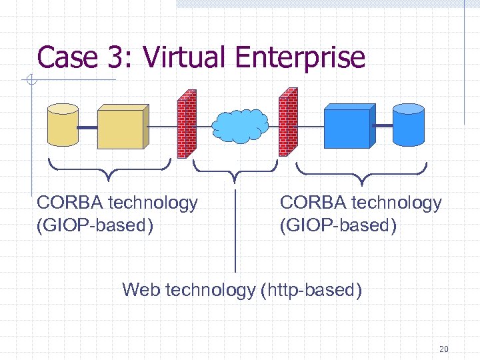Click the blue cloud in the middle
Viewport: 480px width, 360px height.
click(x=239, y=125)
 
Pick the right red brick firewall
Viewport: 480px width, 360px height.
click(x=287, y=122)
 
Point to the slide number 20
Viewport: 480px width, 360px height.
click(x=444, y=349)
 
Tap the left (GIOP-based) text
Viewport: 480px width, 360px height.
click(x=95, y=225)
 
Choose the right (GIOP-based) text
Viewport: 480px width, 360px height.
click(x=338, y=225)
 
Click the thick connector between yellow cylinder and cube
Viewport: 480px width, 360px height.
click(x=88, y=126)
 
